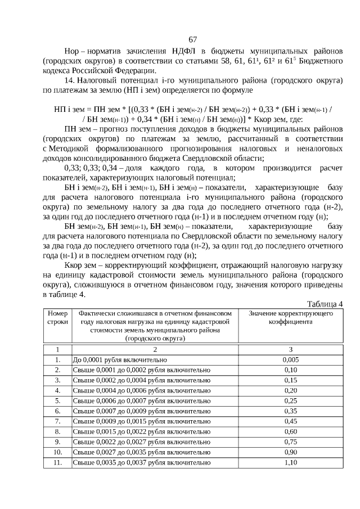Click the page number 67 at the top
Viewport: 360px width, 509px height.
click(193, 39)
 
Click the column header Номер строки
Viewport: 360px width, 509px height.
click(57, 317)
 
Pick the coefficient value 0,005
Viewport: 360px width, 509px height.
click(290, 359)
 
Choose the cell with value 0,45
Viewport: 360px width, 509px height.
click(290, 421)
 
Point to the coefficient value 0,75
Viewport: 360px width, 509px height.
click(290, 442)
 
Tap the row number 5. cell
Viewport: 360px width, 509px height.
click(57, 400)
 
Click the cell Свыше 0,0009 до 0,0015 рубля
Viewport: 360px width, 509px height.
click(142, 421)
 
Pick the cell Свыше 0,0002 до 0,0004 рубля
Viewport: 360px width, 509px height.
click(142, 380)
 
